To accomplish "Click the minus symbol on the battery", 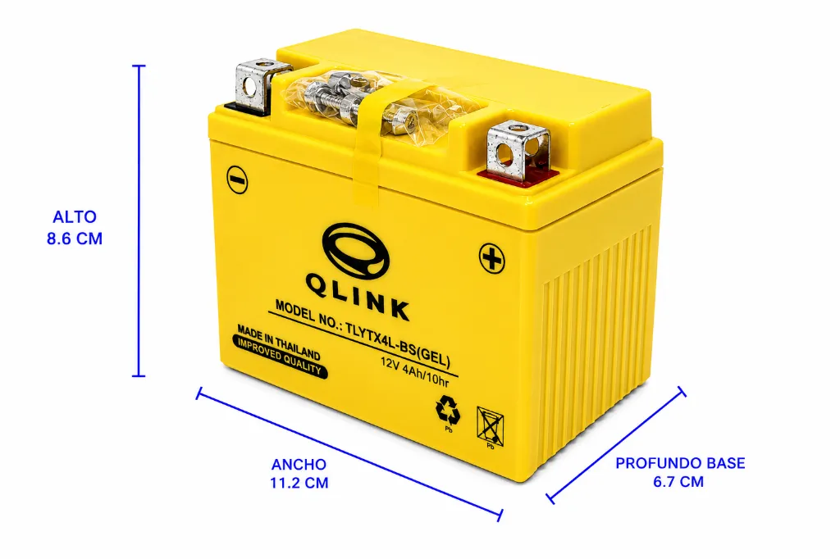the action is click(x=237, y=180).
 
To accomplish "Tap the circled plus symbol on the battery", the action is click(x=491, y=258).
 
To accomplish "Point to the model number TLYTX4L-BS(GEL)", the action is click(x=398, y=347).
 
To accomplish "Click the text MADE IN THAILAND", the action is click(x=279, y=342).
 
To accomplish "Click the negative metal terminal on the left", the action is click(x=256, y=86).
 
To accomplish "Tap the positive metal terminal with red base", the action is click(x=518, y=153).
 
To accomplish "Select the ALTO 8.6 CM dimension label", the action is click(x=75, y=228).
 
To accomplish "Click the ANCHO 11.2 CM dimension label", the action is click(x=299, y=473).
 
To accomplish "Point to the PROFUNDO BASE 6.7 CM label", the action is click(x=680, y=472).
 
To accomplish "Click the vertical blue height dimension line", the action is click(x=139, y=220).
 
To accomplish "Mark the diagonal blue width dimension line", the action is click(x=349, y=455).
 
